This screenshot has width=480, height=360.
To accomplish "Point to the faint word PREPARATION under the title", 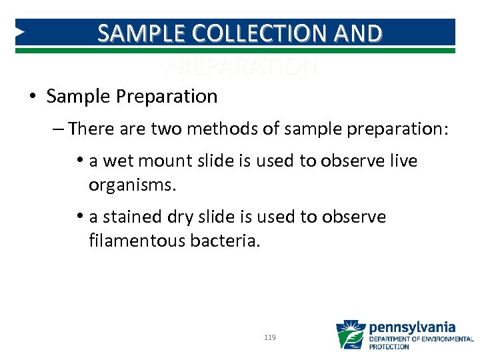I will pyautogui.click(x=241, y=67).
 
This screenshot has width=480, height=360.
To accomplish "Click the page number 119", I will pyautogui.click(x=270, y=338).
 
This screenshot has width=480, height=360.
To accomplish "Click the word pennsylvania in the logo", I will pyautogui.click(x=412, y=327).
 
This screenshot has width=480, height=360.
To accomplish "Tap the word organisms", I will pyautogui.click(x=132, y=185).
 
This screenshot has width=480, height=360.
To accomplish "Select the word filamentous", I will pyautogui.click(x=137, y=240).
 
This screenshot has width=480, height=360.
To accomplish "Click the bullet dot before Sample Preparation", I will pyautogui.click(x=33, y=97).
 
